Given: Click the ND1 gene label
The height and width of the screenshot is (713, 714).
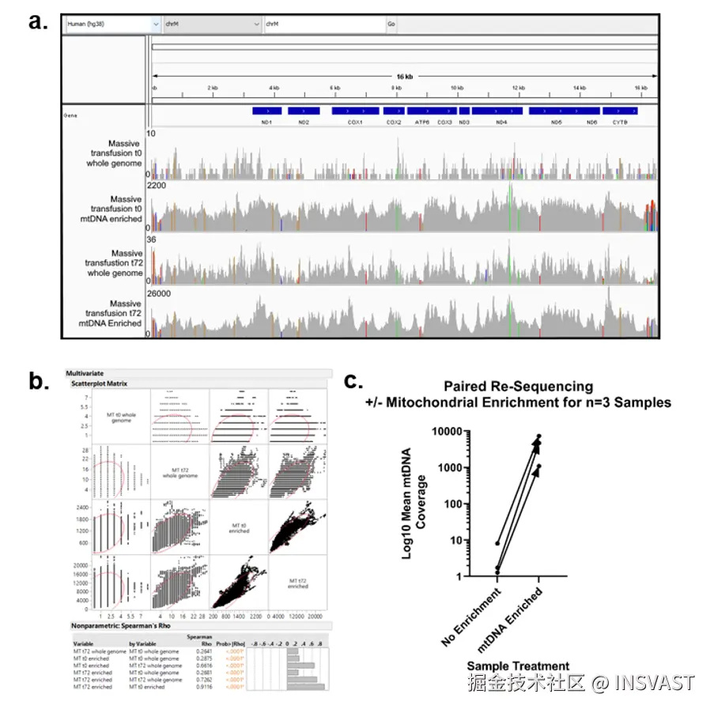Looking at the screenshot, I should click(266, 123).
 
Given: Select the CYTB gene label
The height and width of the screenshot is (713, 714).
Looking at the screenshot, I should click(619, 123).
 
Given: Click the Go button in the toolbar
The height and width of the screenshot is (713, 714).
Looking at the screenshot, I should click(391, 24).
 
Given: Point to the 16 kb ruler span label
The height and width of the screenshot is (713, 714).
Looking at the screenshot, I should click(404, 76).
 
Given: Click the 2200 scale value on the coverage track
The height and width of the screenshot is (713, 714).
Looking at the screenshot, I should click(157, 185).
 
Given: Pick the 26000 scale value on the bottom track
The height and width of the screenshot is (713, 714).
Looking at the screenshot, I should click(160, 292).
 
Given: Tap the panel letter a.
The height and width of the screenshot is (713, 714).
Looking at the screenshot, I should click(39, 21).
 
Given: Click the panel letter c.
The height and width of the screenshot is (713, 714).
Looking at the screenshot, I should click(355, 380).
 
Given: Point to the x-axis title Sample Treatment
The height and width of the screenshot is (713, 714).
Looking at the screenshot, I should click(517, 666).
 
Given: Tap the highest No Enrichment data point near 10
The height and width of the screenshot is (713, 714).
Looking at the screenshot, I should click(497, 543).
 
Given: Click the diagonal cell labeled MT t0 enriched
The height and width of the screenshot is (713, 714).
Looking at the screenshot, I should click(239, 528).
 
